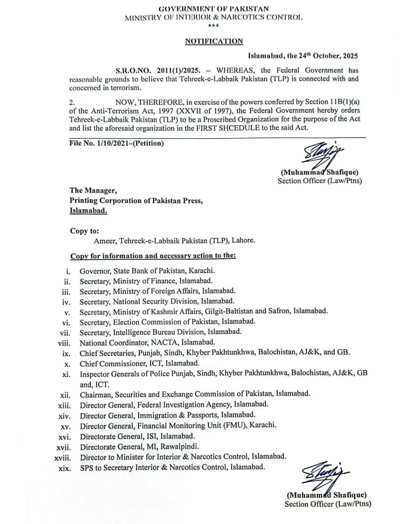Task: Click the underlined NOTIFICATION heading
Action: click(214, 41)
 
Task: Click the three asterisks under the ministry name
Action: click(213, 26)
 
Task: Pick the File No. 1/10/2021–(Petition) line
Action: click(117, 143)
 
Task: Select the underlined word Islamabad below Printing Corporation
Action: click(88, 211)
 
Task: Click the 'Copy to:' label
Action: click(85, 231)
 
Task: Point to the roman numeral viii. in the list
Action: click(64, 343)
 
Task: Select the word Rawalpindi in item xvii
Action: click(179, 446)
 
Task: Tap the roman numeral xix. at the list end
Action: click(65, 468)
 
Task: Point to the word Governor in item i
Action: click(95, 271)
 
